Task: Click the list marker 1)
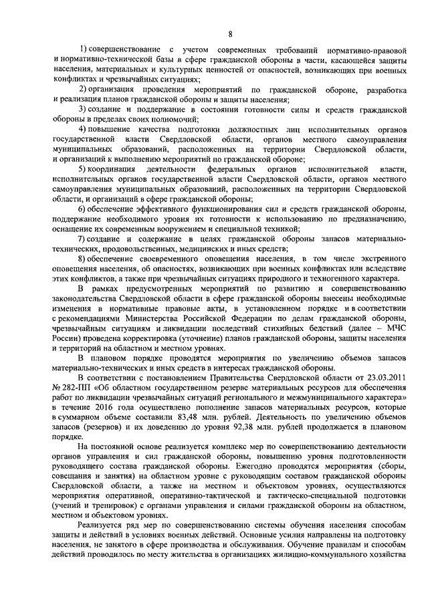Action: [85, 51]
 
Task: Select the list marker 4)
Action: [85, 127]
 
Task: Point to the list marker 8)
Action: [85, 259]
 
